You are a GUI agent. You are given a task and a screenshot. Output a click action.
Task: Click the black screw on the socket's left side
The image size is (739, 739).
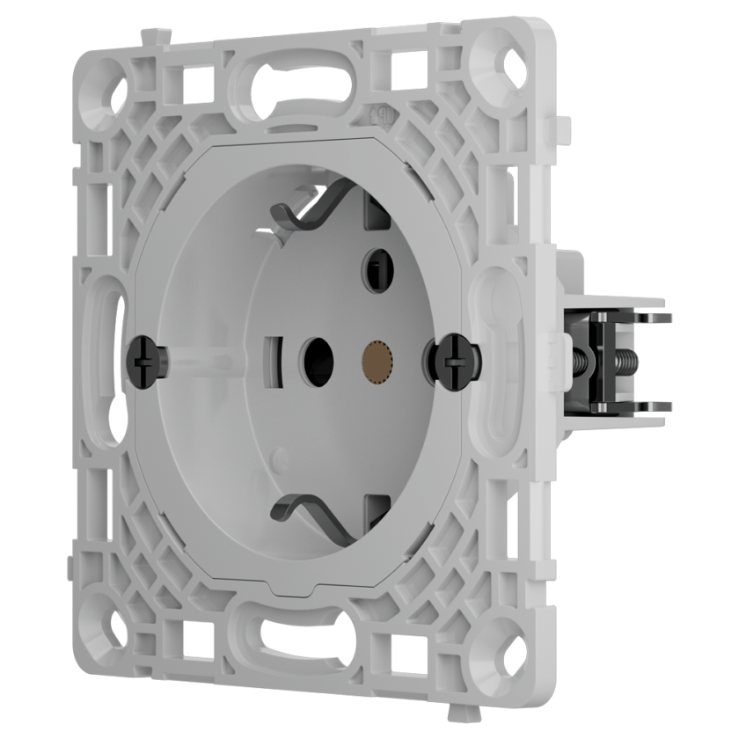tap(147, 359)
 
